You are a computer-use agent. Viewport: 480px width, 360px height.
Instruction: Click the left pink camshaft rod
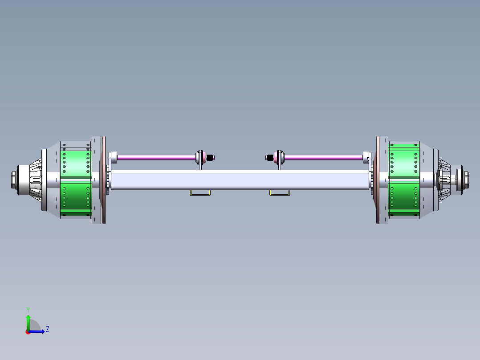click(156, 157)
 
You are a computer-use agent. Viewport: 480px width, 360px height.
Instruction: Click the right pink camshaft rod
click(323, 157)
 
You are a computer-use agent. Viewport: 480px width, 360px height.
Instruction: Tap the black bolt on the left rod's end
click(211, 157)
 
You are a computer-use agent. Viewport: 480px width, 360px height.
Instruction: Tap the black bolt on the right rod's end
click(269, 157)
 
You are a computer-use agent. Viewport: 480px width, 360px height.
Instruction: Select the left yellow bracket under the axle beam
click(200, 193)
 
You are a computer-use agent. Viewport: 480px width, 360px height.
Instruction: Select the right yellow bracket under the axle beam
click(279, 193)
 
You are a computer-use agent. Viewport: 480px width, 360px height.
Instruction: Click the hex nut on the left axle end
click(13, 180)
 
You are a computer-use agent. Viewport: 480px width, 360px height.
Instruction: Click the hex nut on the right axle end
click(466, 180)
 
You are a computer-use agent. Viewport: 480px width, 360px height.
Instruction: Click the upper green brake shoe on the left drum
click(76, 163)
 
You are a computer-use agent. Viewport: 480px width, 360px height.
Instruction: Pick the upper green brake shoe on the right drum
click(404, 160)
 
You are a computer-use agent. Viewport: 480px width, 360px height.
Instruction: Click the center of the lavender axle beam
click(240, 180)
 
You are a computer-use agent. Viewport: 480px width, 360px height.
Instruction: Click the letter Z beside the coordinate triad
click(47, 329)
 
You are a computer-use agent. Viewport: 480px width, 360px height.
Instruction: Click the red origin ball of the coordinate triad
click(28, 331)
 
